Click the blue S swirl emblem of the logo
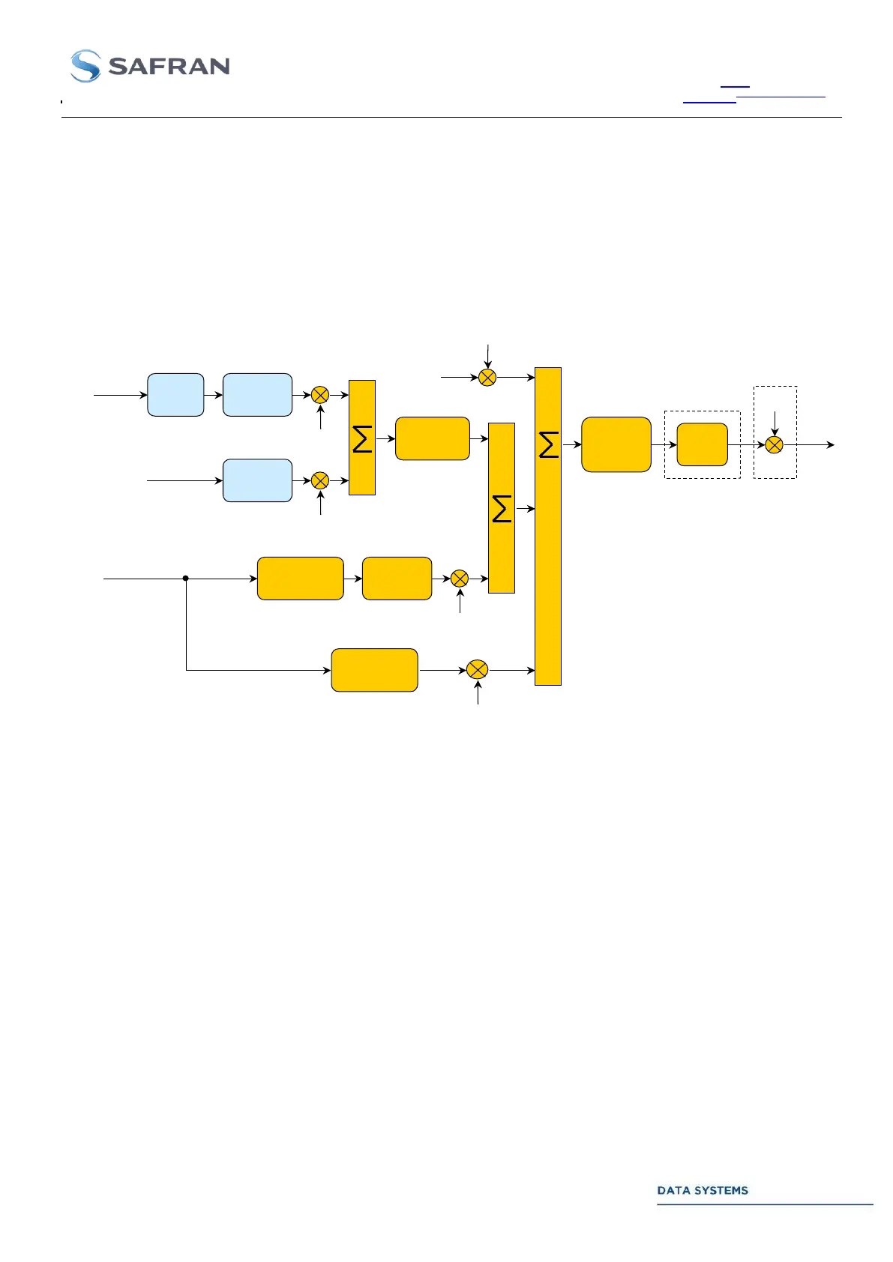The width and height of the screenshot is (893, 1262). [x=85, y=66]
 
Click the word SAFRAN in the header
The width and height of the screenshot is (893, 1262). [x=169, y=67]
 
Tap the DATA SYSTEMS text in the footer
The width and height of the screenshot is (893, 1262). [x=702, y=1190]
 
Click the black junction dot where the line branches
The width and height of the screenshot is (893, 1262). [x=186, y=578]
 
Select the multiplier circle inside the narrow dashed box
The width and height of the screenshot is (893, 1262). [x=775, y=444]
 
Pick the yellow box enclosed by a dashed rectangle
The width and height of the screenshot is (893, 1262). [x=702, y=444]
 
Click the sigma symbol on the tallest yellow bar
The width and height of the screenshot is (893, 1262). [x=549, y=444]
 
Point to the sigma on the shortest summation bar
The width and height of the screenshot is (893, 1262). [x=362, y=438]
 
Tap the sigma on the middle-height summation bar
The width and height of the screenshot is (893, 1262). [x=502, y=509]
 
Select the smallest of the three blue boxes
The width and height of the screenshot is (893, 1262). [x=175, y=395]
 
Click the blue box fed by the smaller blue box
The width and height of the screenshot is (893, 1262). [x=257, y=395]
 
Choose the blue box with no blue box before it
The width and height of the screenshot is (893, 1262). [x=257, y=480]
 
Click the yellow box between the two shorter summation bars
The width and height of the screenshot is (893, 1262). [x=432, y=438]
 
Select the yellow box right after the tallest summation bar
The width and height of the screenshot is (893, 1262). [x=616, y=444]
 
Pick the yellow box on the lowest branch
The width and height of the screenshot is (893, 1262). [x=374, y=670]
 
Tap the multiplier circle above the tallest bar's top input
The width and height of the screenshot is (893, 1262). [x=487, y=377]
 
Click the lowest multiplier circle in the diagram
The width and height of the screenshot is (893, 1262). [x=477, y=670]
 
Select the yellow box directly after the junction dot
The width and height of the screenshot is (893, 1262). [x=300, y=579]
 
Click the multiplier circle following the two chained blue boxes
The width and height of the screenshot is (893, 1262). [x=320, y=395]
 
